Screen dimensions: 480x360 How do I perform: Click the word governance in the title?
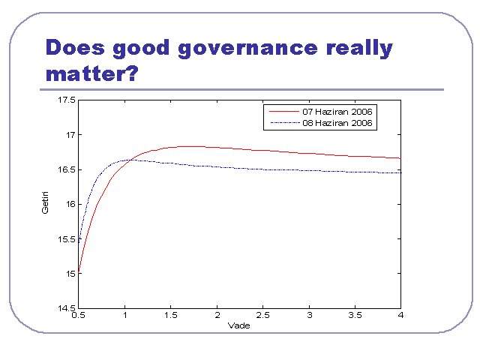(247, 49)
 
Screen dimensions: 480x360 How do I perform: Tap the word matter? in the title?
(92, 73)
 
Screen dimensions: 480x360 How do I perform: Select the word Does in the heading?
(75, 47)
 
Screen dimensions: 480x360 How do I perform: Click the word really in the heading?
(359, 48)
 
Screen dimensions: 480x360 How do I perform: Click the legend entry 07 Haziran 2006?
(337, 112)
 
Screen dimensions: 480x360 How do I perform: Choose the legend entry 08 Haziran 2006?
(337, 123)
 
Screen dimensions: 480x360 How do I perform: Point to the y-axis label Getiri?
(45, 202)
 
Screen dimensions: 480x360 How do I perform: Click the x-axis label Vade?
(238, 325)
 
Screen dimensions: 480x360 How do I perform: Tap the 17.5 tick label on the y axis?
(67, 100)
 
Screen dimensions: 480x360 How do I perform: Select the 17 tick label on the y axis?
(70, 135)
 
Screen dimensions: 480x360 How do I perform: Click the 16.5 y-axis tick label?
(67, 169)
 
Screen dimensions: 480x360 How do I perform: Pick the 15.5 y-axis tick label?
(67, 239)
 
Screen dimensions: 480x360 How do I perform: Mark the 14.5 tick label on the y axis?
(67, 307)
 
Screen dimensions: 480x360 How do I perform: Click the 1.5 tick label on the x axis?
(170, 315)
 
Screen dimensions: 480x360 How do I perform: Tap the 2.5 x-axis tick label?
(262, 315)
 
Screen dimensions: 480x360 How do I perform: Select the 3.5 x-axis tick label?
(355, 315)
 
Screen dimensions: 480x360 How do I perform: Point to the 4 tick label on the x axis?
(400, 315)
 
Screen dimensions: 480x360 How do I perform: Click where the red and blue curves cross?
(131, 160)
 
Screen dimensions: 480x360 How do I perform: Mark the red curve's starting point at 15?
(79, 273)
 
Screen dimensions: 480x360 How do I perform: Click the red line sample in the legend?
(284, 112)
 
